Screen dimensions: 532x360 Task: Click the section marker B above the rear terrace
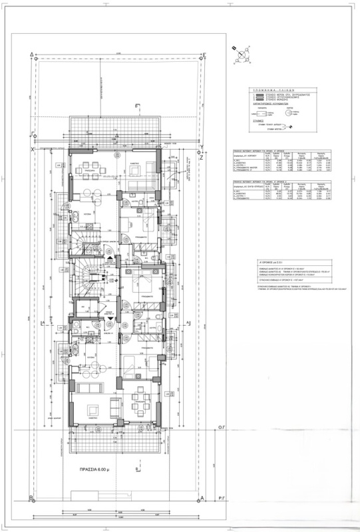click(136, 106)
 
